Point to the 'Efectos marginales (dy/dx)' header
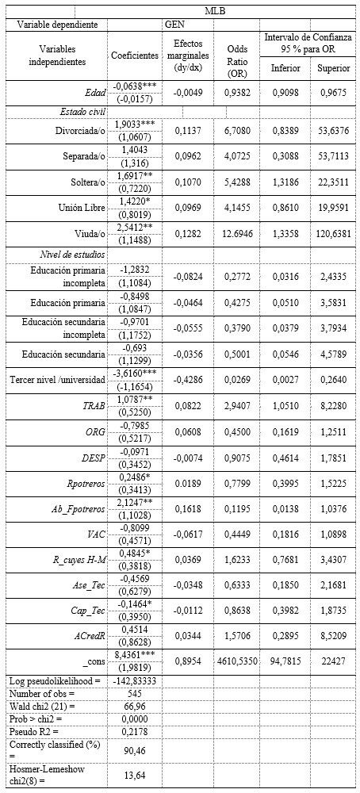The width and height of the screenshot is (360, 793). [188, 56]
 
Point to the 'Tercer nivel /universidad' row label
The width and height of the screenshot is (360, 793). [54, 378]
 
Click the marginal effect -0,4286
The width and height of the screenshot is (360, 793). [188, 378]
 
